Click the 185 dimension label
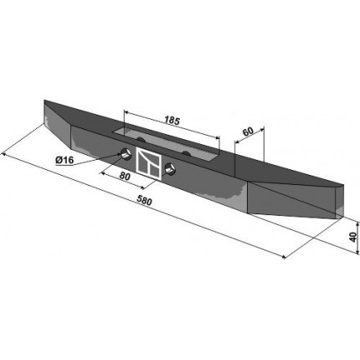tap(172, 121)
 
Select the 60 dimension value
tap(248, 131)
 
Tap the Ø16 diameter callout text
tap(64, 160)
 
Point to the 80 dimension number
tap(125, 176)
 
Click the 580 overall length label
tap(144, 201)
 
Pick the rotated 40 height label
tap(353, 237)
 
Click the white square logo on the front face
tap(149, 163)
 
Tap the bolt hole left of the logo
tap(126, 154)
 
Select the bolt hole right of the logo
tap(169, 169)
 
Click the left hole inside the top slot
tap(141, 140)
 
